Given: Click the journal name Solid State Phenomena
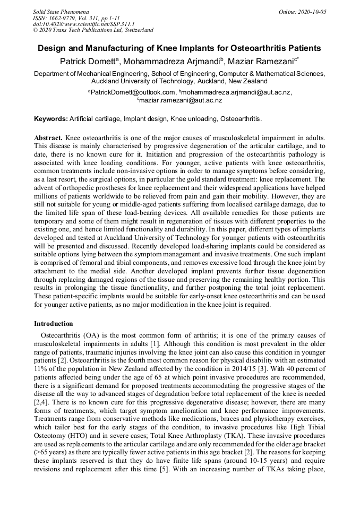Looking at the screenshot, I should (x=61, y=11).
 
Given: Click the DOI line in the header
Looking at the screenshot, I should (x=83, y=24).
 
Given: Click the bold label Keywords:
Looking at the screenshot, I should (x=51, y=118).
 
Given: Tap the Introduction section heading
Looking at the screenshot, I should (x=54, y=324).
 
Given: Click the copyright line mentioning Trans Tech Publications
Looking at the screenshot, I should (x=93, y=30).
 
